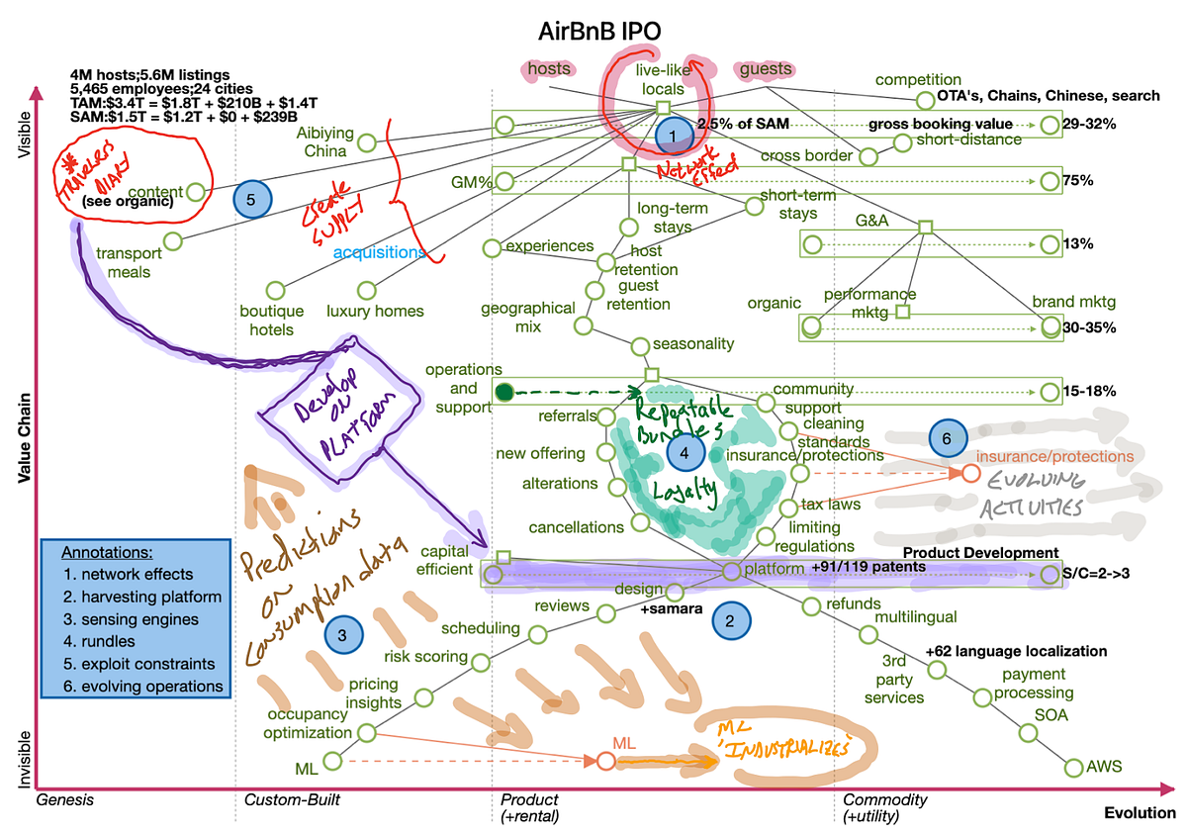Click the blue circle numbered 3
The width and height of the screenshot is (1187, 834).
pos(340,637)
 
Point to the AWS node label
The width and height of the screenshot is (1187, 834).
pos(1106,765)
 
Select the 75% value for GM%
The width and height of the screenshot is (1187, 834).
pos(1082,181)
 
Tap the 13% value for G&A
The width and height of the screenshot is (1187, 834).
pos(1081,244)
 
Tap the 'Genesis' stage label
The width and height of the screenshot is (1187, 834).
pos(65,799)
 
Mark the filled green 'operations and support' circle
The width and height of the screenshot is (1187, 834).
pos(503,392)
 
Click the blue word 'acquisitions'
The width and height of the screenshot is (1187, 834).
pos(380,253)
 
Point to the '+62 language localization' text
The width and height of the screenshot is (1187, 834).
pos(1016,652)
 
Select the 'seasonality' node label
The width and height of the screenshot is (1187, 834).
pos(694,344)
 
